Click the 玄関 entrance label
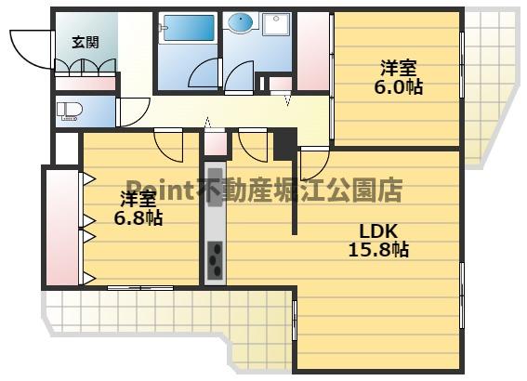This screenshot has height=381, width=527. pos(85,42)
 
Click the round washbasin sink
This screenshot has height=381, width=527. pos(239,23)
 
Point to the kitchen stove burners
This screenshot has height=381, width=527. pos(214,261)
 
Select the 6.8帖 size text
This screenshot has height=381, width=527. pos(138,219)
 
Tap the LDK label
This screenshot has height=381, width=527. pos(378,230)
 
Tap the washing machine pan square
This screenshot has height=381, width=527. pos(276,25)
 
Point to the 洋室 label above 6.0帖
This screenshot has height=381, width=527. pos(399,67)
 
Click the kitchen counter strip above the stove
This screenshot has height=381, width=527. pos(214,200)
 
